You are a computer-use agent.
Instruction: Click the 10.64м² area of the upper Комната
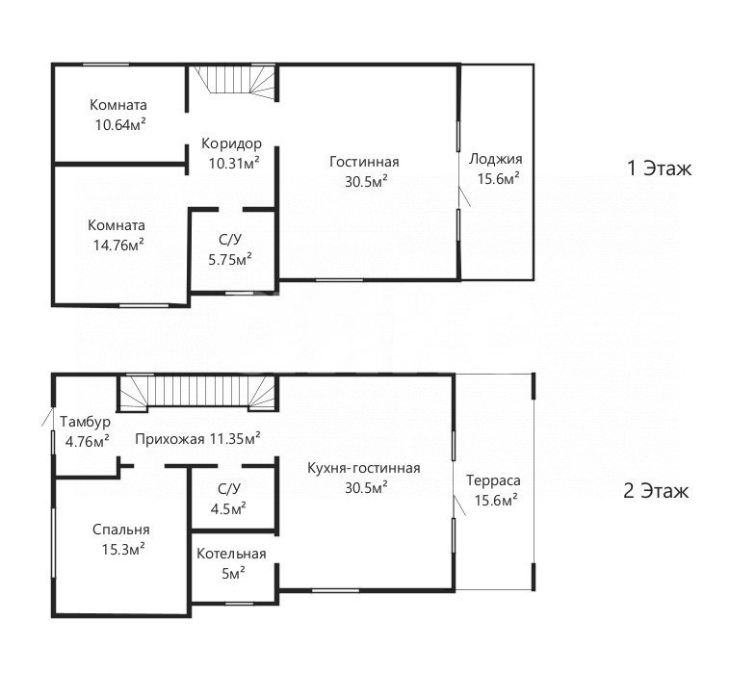click(x=120, y=125)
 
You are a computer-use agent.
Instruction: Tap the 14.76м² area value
click(x=118, y=245)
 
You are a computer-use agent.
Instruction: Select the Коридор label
click(x=231, y=143)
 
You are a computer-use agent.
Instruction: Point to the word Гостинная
click(x=364, y=162)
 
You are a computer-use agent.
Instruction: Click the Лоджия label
click(x=496, y=159)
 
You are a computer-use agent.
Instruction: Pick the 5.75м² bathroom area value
click(x=230, y=259)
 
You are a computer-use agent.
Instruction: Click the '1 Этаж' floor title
click(x=659, y=168)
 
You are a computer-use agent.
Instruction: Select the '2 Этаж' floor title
click(x=656, y=491)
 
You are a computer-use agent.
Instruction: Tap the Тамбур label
click(x=85, y=422)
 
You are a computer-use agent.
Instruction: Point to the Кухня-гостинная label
click(x=363, y=468)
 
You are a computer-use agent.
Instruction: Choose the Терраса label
click(x=493, y=480)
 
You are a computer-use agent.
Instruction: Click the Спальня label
click(x=121, y=530)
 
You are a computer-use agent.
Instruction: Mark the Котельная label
click(x=231, y=554)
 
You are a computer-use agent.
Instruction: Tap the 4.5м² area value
click(x=228, y=508)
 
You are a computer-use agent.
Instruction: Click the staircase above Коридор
click(x=235, y=82)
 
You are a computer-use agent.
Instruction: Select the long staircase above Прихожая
click(x=197, y=393)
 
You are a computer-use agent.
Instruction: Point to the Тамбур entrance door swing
click(x=48, y=417)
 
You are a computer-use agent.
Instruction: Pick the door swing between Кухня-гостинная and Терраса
click(x=459, y=505)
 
